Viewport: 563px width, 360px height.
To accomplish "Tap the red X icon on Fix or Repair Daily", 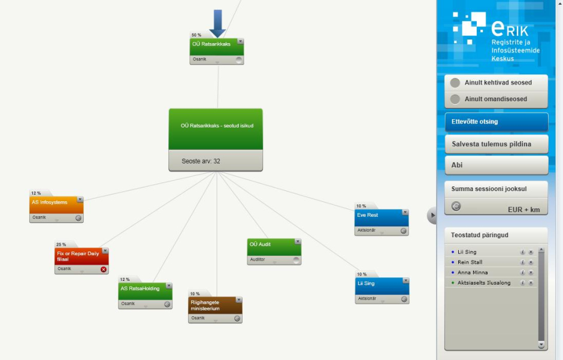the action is click(104, 269).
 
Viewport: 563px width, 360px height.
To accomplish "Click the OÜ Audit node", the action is click(274, 252).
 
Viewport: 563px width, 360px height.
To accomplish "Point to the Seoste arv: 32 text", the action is click(201, 161).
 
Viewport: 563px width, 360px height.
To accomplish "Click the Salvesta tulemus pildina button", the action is click(496, 144).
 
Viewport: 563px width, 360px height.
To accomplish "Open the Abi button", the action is click(496, 165).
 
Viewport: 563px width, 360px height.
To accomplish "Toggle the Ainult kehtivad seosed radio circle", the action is click(455, 83).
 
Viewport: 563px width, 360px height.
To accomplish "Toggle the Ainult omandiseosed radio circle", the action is click(455, 99).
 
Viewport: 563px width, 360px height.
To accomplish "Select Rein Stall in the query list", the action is click(470, 262).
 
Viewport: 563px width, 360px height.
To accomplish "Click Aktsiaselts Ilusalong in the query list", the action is click(484, 283).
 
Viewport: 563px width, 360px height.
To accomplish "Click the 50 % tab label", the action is click(196, 35).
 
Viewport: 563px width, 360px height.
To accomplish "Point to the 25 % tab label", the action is click(61, 244).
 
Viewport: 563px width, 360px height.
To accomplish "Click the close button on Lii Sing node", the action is click(405, 281).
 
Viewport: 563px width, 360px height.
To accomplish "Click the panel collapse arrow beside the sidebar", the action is click(432, 216).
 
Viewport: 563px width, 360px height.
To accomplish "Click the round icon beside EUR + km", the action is click(456, 207).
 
